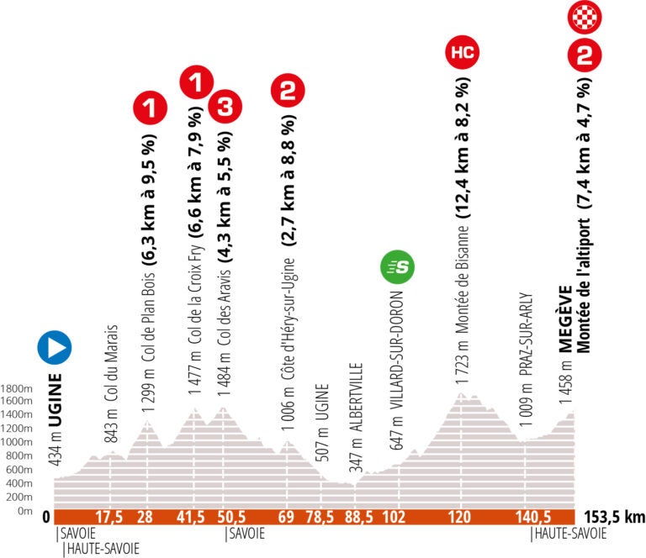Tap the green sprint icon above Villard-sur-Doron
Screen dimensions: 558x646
pyautogui.click(x=398, y=268)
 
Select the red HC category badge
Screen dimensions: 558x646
pyautogui.click(x=463, y=53)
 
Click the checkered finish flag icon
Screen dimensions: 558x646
pyautogui.click(x=584, y=15)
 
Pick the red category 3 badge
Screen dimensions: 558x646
pyautogui.click(x=225, y=107)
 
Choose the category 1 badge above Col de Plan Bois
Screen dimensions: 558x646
pyautogui.click(x=151, y=107)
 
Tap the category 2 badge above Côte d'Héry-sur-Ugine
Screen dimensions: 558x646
pyautogui.click(x=287, y=90)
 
